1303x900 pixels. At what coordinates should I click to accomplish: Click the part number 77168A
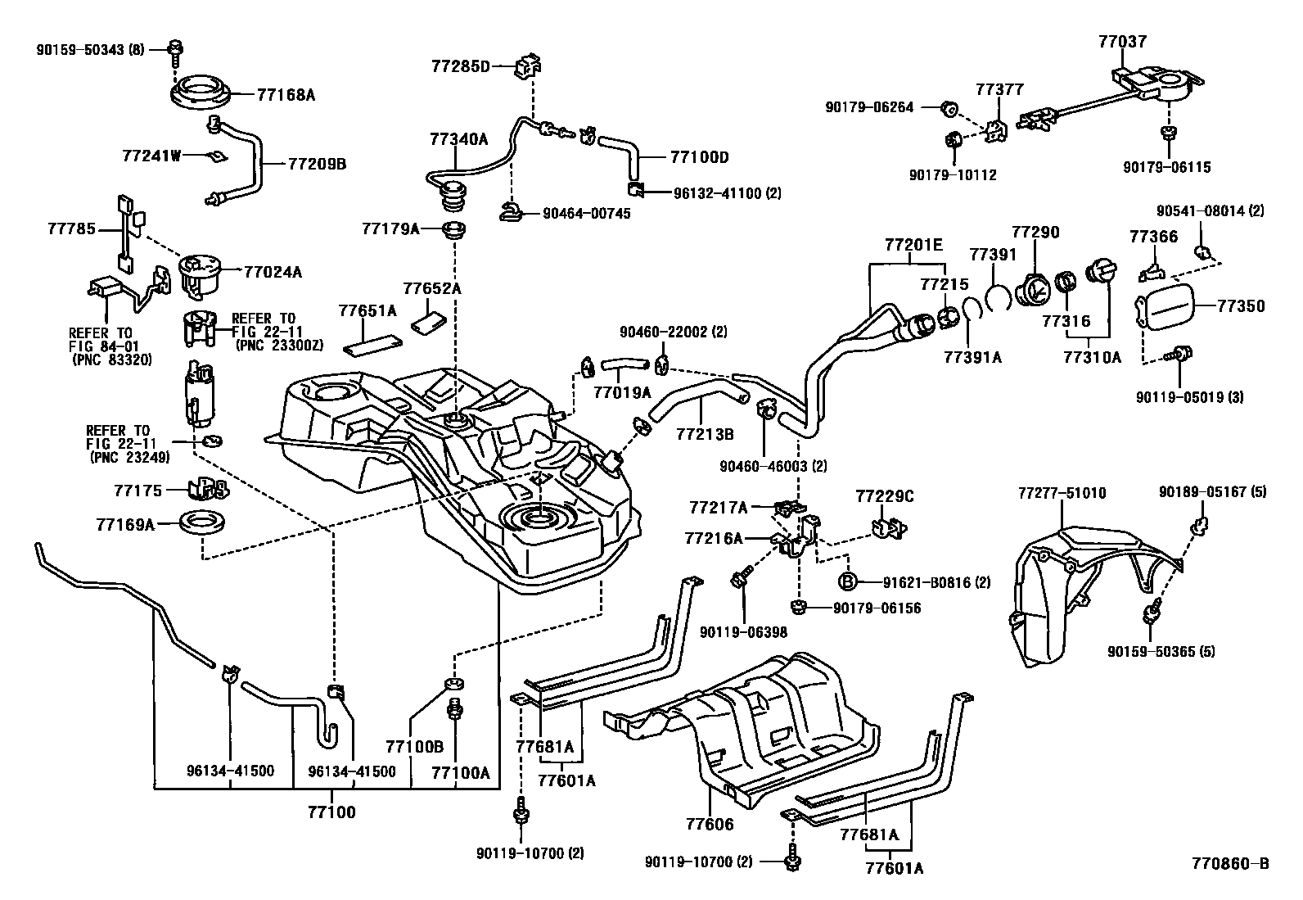pyautogui.click(x=286, y=96)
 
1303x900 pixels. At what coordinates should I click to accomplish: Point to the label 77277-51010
pyautogui.click(x=1062, y=493)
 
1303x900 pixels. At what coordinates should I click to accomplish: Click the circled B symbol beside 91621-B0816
pyautogui.click(x=848, y=582)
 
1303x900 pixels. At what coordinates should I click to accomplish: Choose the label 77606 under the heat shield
pyautogui.click(x=710, y=825)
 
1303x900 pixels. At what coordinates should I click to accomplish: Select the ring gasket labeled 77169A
pyautogui.click(x=201, y=522)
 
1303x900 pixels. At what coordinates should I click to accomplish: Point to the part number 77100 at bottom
pyautogui.click(x=331, y=812)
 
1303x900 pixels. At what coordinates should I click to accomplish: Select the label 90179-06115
pyautogui.click(x=1166, y=168)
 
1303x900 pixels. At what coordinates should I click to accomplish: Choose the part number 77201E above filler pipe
pyautogui.click(x=913, y=245)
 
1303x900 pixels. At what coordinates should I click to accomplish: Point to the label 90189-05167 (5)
pyautogui.click(x=1212, y=493)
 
